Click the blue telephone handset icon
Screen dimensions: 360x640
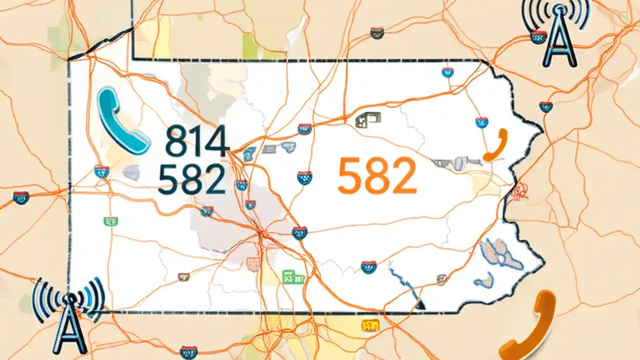122,122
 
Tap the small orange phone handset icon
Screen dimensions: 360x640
496,145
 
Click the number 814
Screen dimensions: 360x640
197,141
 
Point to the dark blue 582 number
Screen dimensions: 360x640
191,179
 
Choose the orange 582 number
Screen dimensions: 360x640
377,175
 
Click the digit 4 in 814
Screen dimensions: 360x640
215,141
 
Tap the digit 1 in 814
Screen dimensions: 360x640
196,141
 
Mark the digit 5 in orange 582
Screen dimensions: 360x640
349,175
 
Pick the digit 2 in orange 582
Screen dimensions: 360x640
403,175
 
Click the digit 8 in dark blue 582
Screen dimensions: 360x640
191,179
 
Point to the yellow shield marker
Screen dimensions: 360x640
370,325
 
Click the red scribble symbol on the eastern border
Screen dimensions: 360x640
520,190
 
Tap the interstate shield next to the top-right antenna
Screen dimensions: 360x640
538,37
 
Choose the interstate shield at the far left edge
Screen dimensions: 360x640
20,197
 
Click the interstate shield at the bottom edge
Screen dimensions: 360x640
188,352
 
